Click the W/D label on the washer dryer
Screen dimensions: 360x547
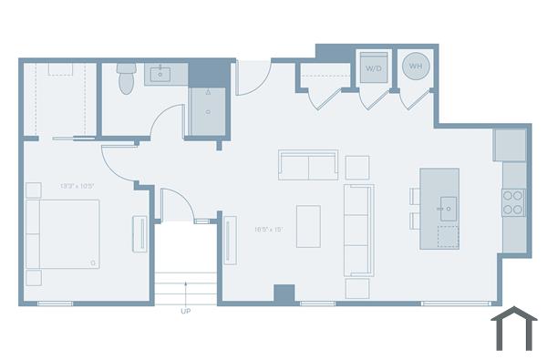click(x=374, y=68)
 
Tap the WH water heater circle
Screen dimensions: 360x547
click(x=416, y=66)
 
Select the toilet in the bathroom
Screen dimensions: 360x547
click(x=127, y=79)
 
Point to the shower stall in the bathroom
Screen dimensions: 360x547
click(x=207, y=110)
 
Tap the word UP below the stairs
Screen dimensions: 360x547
click(x=186, y=311)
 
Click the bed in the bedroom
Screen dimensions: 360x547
click(x=63, y=233)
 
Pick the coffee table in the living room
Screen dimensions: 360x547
click(x=308, y=226)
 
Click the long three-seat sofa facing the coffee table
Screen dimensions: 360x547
click(x=358, y=230)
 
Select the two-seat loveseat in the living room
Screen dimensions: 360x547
click(x=308, y=166)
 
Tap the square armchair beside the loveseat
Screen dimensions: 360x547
click(x=357, y=167)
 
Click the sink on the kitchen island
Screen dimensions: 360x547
click(x=446, y=207)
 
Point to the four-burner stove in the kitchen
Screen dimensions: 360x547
click(x=513, y=201)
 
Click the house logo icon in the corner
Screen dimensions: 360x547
click(x=513, y=329)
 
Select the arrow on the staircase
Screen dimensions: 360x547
click(x=186, y=290)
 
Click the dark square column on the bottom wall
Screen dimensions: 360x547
click(x=284, y=294)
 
